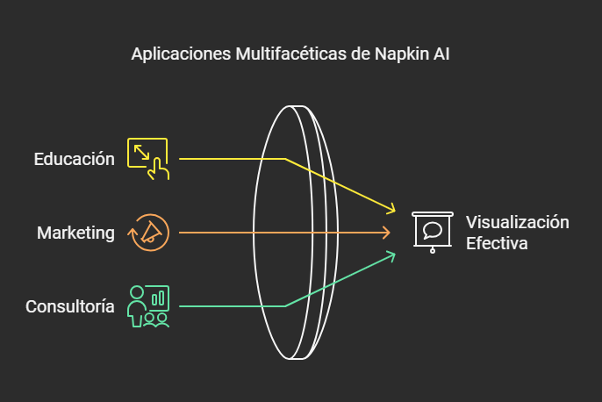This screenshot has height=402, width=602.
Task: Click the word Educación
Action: tap(75, 159)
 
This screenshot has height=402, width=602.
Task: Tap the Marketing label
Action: tap(75, 233)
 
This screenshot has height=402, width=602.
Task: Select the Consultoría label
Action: tap(70, 306)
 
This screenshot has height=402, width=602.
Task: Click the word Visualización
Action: tap(517, 222)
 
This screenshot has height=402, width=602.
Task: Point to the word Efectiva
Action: tap(497, 243)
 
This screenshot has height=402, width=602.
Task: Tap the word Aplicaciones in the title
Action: tap(181, 54)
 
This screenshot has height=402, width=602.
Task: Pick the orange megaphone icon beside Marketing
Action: tap(148, 233)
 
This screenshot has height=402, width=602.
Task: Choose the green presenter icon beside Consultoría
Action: tap(148, 306)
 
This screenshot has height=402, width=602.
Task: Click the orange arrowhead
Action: tap(386, 233)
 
